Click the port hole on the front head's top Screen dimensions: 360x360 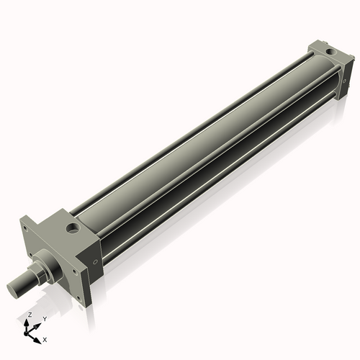click(x=72, y=229)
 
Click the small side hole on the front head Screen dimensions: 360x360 click(x=94, y=262)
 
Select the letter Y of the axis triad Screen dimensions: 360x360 click(x=45, y=318)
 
